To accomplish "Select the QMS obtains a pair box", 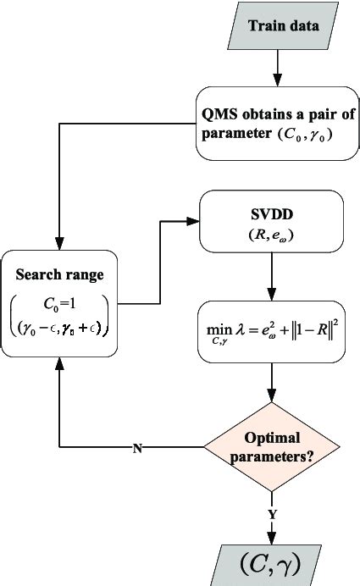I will pyautogui.click(x=272, y=124).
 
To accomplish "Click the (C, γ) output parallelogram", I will pyautogui.click(x=273, y=561).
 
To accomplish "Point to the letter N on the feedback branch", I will pyautogui.click(x=137, y=447).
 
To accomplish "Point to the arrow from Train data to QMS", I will pyautogui.click(x=273, y=67).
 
